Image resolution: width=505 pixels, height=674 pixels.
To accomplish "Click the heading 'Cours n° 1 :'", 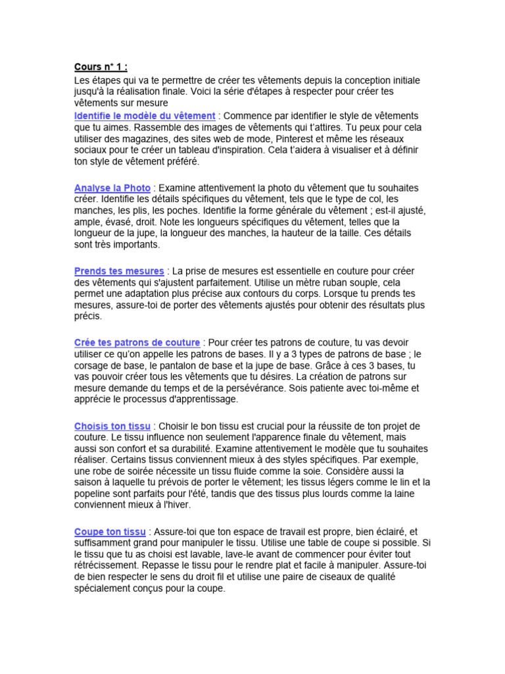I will tap(101, 66).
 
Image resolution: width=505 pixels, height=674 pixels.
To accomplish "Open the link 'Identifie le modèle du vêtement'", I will tap(145, 115).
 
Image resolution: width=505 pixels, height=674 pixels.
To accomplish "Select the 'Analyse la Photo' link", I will tap(112, 188).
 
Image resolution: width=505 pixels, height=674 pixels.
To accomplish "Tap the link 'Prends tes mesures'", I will tap(119, 271).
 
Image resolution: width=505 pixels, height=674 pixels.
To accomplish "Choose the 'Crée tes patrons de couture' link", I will tap(137, 343).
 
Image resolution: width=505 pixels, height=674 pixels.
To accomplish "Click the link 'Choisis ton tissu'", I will tap(112, 426).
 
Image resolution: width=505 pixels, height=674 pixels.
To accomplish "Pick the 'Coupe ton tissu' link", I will tap(110, 531).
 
